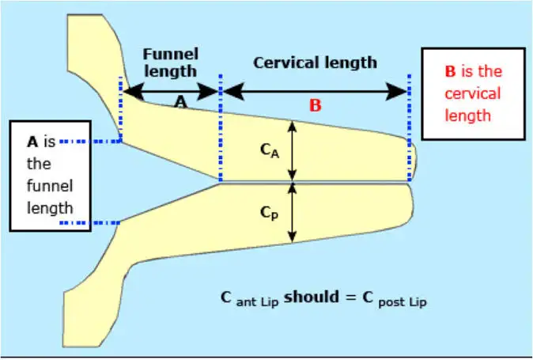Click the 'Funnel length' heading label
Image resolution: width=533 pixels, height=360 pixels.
[170, 63]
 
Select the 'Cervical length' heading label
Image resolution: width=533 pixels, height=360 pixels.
[315, 62]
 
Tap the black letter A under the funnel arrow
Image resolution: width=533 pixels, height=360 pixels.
[180, 103]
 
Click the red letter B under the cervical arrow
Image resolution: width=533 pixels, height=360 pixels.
[315, 104]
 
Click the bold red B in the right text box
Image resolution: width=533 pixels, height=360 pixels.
[450, 71]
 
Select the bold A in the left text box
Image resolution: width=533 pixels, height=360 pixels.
[32, 142]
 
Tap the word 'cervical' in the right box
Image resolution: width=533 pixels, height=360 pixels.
[473, 93]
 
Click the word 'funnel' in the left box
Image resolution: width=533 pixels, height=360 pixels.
[49, 186]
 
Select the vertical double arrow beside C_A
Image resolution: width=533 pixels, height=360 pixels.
[293, 151]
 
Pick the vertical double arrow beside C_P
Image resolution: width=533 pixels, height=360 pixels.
[293, 213]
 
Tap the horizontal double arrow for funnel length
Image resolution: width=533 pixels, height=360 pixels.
[171, 91]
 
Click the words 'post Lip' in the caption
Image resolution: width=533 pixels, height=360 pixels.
[405, 301]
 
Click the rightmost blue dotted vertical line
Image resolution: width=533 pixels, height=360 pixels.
[410, 111]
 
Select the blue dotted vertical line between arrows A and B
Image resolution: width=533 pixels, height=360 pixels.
[221, 127]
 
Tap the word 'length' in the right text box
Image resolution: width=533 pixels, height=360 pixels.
[473, 116]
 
